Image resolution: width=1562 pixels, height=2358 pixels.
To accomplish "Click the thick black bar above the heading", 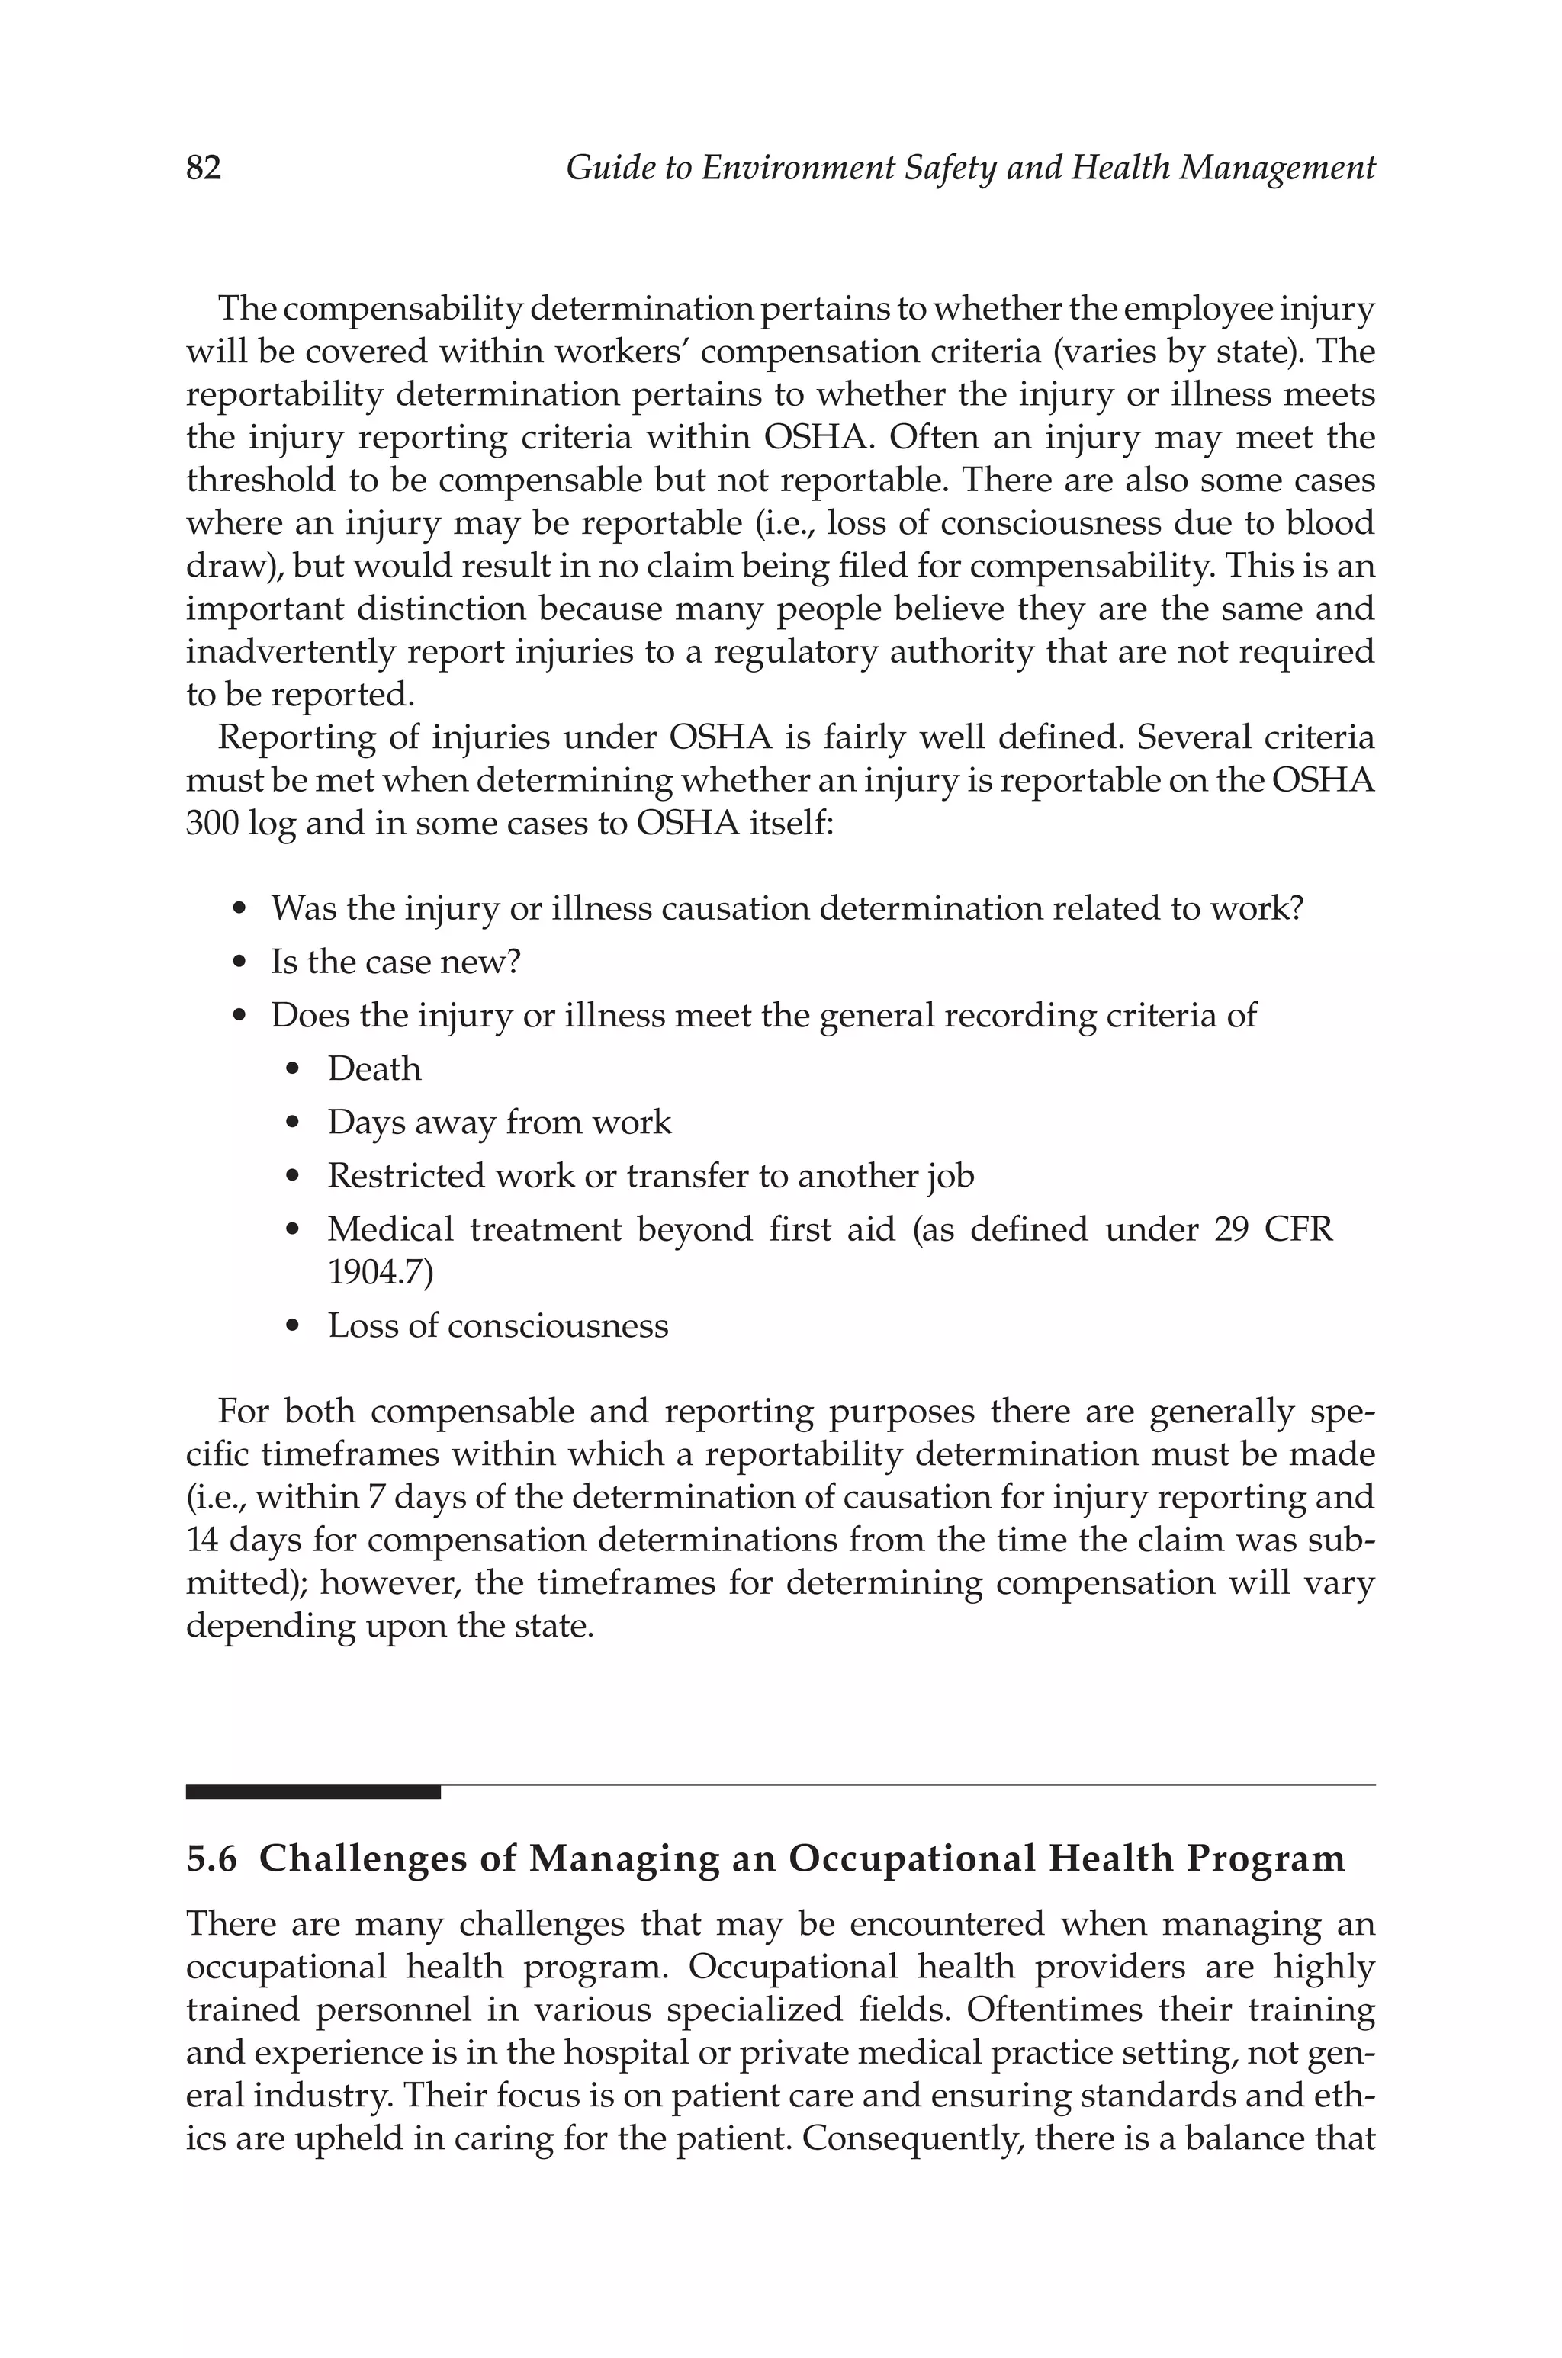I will (313, 1791).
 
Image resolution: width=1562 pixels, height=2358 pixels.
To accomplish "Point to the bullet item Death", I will (374, 1068).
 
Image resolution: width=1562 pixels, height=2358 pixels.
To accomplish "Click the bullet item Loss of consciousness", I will (498, 1325).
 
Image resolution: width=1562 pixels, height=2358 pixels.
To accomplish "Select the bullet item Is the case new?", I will (396, 962).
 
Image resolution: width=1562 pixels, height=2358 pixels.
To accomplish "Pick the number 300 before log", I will (212, 824).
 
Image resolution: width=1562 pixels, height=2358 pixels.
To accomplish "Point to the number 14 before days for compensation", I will (202, 1540).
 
